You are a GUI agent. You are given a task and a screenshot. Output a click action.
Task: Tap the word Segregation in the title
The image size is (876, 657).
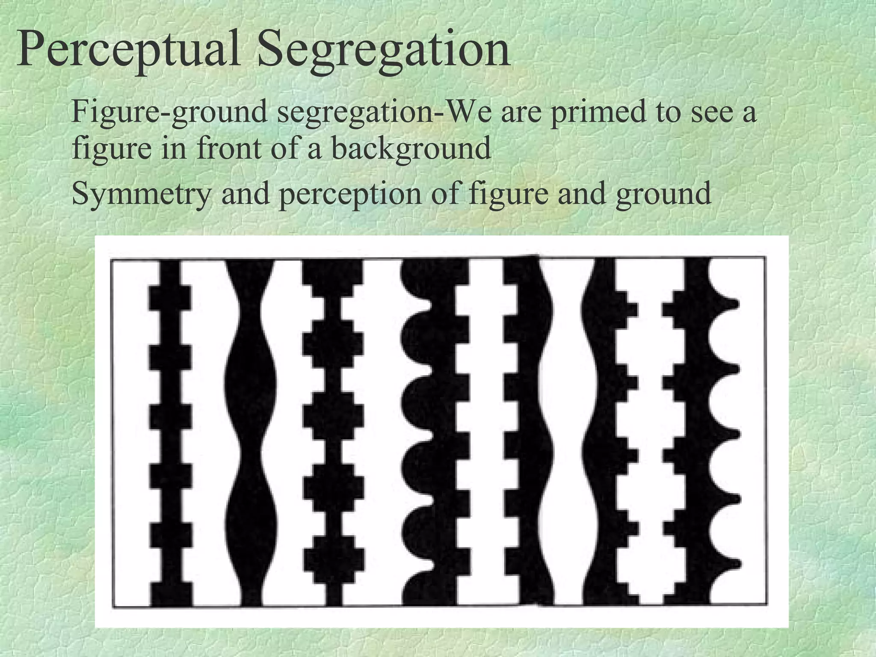384,51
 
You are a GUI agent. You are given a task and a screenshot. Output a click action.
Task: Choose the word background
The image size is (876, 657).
411,149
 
